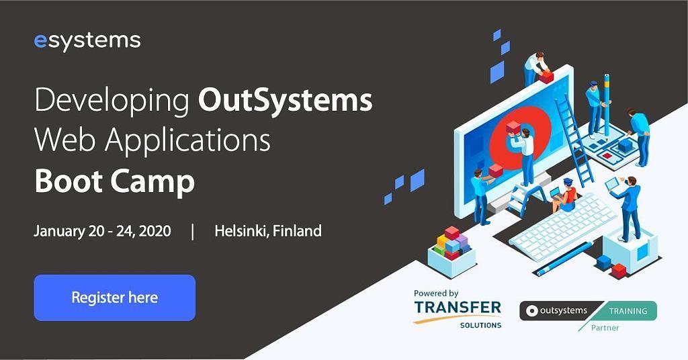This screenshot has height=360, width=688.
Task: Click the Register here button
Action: point(114,298)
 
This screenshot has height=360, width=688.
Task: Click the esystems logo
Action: point(87,42)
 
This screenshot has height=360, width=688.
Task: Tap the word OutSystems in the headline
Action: point(285,101)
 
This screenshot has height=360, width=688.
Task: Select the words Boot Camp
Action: point(114,181)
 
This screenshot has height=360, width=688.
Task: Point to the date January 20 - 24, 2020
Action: point(102,231)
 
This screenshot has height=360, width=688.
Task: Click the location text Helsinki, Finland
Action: point(268,231)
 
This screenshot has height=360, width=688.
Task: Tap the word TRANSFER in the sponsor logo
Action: point(457,308)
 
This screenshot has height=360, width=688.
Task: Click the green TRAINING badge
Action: point(628,311)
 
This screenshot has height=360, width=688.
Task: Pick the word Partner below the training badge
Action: point(605,328)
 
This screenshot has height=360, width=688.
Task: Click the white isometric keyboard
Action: point(564,222)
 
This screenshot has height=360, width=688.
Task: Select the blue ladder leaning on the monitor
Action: point(574,140)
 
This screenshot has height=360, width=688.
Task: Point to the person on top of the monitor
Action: point(535,68)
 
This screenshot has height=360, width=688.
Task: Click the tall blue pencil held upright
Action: point(607,106)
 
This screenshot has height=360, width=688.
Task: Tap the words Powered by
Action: point(436,294)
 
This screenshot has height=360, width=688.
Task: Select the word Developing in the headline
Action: point(112,101)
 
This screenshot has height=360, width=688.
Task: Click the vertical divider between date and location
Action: point(193,232)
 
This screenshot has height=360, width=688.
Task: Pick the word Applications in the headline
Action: point(188,141)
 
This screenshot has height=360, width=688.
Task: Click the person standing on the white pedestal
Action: point(628,208)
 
